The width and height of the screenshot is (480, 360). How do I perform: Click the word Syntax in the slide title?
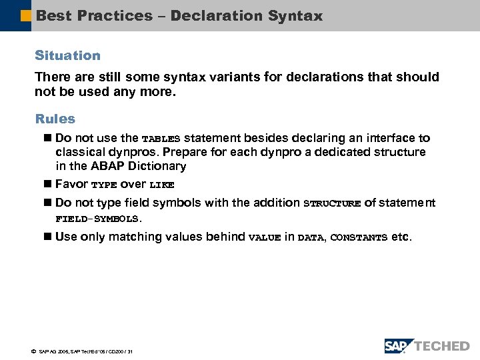pyautogui.click(x=293, y=15)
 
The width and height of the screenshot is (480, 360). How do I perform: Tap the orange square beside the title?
pyautogui.click(x=26, y=15)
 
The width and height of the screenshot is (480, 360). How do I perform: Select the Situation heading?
pyautogui.click(x=67, y=55)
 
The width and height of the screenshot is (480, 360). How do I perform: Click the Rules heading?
pyautogui.click(x=55, y=119)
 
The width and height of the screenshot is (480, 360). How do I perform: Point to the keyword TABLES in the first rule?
pyautogui.click(x=161, y=139)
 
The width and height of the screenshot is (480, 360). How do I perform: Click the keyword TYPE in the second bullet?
pyautogui.click(x=103, y=185)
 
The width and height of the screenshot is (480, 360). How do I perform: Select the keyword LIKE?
pyautogui.click(x=161, y=185)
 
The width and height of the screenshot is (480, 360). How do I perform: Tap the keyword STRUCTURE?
pyautogui.click(x=331, y=203)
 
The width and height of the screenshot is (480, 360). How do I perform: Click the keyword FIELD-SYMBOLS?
pyautogui.click(x=98, y=219)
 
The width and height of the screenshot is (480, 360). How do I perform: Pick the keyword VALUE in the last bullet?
pyautogui.click(x=264, y=237)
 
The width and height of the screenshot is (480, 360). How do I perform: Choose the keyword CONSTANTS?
pyautogui.click(x=359, y=237)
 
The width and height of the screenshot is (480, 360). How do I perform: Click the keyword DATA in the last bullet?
pyautogui.click(x=310, y=237)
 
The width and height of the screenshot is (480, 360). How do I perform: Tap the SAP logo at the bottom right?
pyautogui.click(x=399, y=345)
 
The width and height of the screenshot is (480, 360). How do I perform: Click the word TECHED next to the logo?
pyautogui.click(x=443, y=346)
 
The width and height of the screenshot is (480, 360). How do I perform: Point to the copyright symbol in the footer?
pyautogui.click(x=33, y=351)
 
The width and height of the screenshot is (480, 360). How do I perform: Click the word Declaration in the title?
pyautogui.click(x=216, y=15)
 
